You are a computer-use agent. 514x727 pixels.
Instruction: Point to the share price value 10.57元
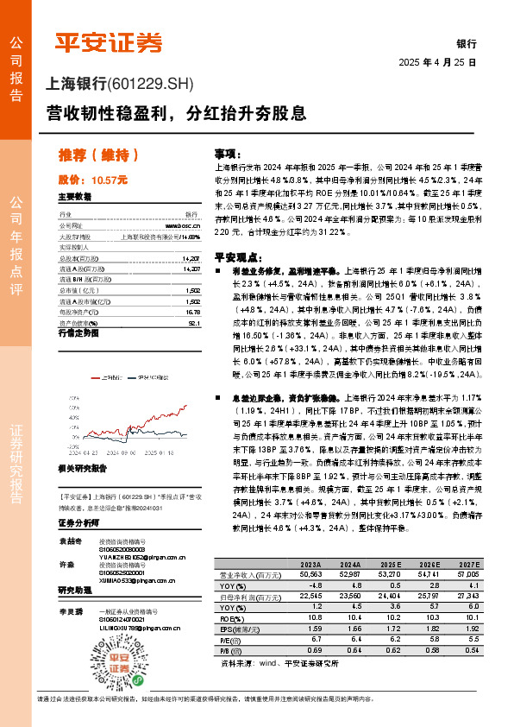pyautogui.click(x=109, y=180)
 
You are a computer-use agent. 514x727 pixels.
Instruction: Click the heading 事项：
pyautogui.click(x=226, y=151)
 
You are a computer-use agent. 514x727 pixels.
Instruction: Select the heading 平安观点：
pyautogui.click(x=236, y=257)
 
